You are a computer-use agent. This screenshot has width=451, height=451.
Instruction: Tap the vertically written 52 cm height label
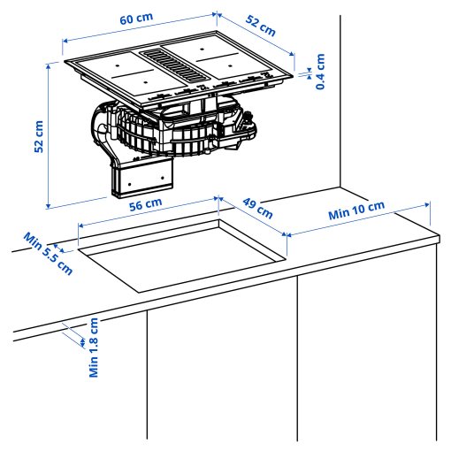38,136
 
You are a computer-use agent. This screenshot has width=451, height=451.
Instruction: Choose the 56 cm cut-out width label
146,203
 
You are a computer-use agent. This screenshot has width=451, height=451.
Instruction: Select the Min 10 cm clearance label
356,212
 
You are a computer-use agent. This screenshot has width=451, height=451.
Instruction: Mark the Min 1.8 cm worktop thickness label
93,348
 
